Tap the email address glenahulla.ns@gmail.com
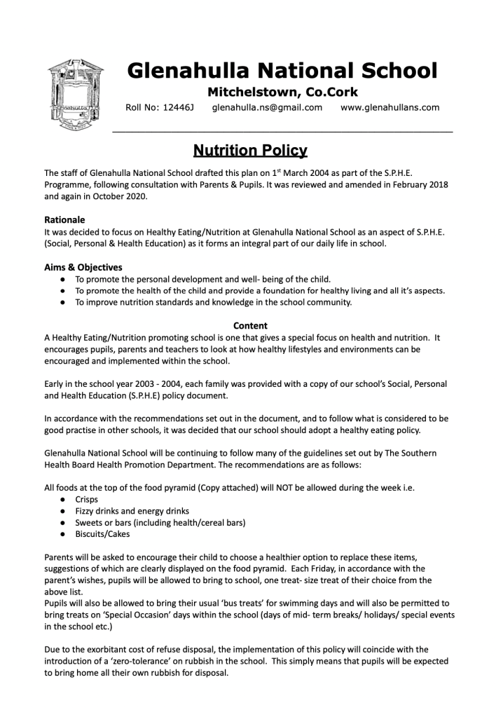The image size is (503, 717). pyautogui.click(x=267, y=107)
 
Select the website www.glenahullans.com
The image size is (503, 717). pyautogui.click(x=390, y=107)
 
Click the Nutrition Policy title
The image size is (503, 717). pyautogui.click(x=250, y=150)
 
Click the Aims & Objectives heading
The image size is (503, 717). pyautogui.click(x=83, y=267)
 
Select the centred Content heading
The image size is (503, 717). pyautogui.click(x=250, y=326)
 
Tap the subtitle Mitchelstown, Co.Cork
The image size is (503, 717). pyautogui.click(x=282, y=92)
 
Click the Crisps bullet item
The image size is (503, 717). pyautogui.click(x=88, y=500)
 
